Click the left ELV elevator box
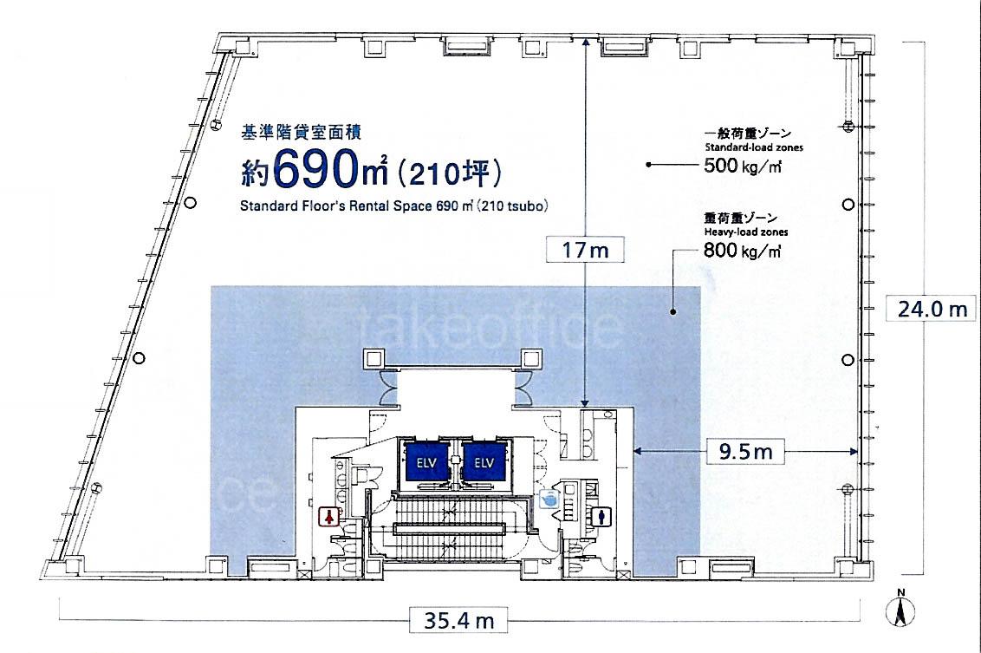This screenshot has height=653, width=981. click(x=427, y=462)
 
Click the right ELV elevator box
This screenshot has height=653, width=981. click(x=484, y=462)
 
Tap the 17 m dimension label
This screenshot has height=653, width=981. click(x=584, y=250)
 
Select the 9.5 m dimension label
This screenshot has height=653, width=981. click(x=745, y=451)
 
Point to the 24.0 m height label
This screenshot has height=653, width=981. click(x=932, y=309)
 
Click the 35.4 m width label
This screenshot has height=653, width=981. click(x=458, y=620)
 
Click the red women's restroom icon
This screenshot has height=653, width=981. click(x=329, y=517)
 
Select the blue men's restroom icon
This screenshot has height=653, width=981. click(x=602, y=517)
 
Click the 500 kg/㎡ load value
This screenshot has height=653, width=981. click(x=743, y=166)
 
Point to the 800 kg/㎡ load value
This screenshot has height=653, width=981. click(x=743, y=251)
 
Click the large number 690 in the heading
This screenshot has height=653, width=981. click(x=311, y=170)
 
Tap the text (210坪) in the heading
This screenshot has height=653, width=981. click(x=449, y=173)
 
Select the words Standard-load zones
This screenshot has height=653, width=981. click(x=754, y=147)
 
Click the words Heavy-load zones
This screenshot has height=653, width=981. click(x=746, y=232)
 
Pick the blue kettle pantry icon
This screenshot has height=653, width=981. click(x=549, y=499)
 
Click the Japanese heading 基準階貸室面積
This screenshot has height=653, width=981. click(x=301, y=132)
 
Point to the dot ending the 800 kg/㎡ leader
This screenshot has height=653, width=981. click(x=673, y=311)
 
